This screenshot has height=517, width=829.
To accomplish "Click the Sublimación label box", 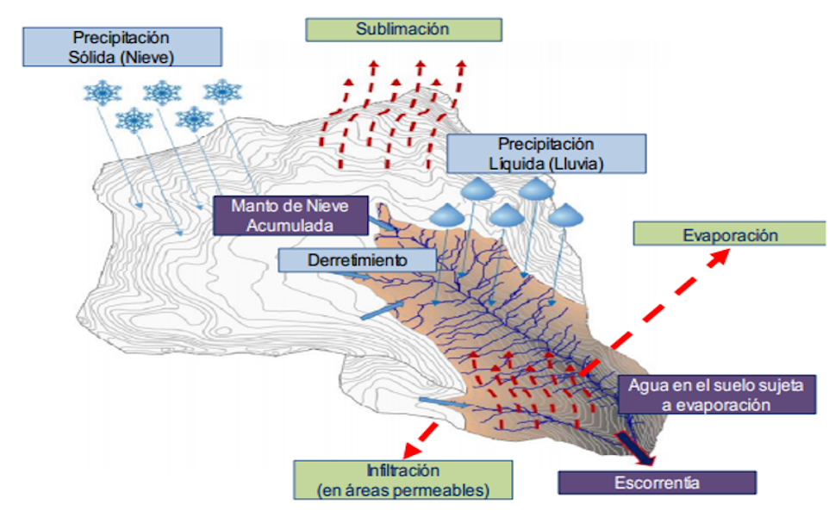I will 403,29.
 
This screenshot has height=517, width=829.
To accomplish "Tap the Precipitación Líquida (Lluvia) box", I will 545,153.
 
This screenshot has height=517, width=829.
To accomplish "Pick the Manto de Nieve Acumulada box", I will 290,215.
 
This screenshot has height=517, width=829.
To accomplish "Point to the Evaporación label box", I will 729,234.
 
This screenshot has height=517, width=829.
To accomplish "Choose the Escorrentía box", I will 657,483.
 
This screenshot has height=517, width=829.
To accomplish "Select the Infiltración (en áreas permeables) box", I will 402,480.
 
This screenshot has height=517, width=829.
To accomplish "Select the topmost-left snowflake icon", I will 102,91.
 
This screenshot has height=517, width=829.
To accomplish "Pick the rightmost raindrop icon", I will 565,214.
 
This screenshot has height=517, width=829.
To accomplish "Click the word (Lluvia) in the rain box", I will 577,163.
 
